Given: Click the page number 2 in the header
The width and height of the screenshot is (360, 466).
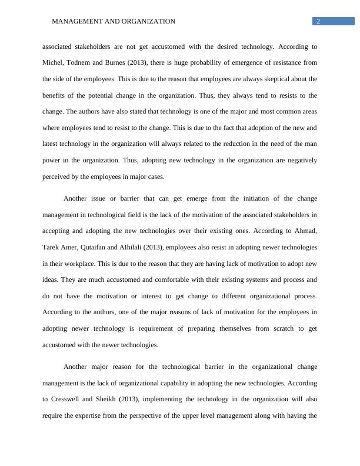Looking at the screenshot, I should pos(318,22).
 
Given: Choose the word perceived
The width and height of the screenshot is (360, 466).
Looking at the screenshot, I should pos(58,176).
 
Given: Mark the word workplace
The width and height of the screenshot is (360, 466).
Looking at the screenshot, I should pos(67,263).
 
